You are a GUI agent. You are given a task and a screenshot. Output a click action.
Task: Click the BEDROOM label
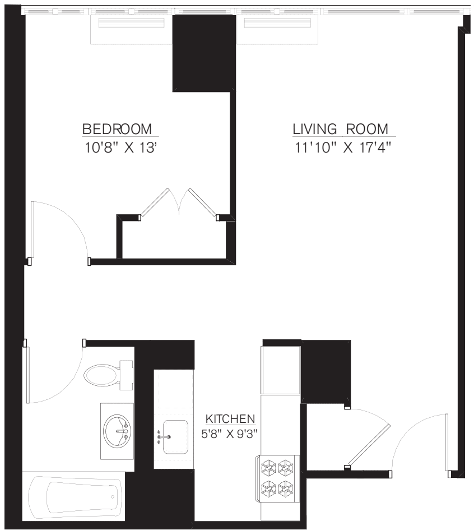point(117,129)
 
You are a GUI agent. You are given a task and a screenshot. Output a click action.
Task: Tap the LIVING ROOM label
point(340,129)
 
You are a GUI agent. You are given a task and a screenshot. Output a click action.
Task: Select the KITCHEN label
point(230,419)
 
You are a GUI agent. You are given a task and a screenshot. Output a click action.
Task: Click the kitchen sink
point(174,435)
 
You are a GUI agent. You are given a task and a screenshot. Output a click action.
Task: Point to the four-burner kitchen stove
point(278,478)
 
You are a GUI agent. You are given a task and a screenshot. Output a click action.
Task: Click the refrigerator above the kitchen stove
point(281,370)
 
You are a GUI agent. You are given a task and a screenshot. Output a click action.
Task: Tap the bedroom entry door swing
point(59,230)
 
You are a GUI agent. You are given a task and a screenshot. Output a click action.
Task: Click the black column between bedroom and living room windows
point(203,53)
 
